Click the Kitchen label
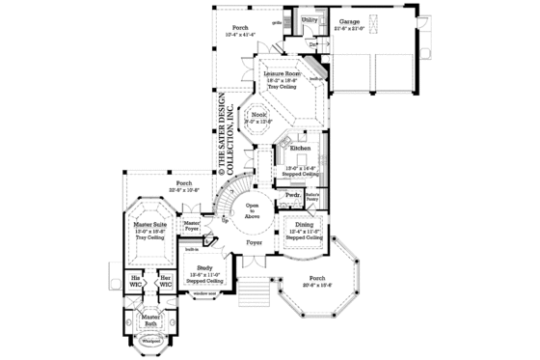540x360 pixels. [x=300, y=149]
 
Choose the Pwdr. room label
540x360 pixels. [x=292, y=194]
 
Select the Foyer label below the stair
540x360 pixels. [x=254, y=242]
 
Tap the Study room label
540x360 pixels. [x=204, y=267]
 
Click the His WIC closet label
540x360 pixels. [x=136, y=282]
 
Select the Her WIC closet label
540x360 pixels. [x=165, y=282]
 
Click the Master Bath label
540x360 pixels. [x=149, y=320]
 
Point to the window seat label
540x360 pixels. [x=204, y=292]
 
